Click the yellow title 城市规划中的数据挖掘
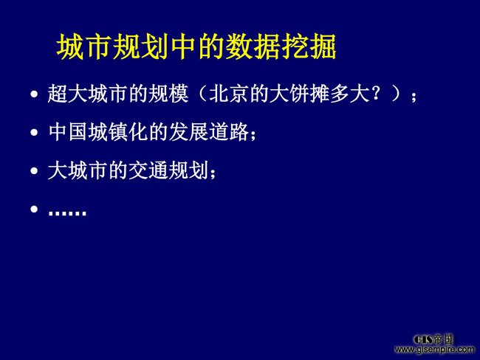[x=196, y=46]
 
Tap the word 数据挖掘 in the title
[x=281, y=46]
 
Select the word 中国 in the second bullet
[x=68, y=132]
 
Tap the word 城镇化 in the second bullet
[x=118, y=132]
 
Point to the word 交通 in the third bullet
[x=148, y=170]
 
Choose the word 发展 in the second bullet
[x=188, y=132]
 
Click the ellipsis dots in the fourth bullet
[x=67, y=212]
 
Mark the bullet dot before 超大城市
[x=34, y=94]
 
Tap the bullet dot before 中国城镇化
[x=34, y=133]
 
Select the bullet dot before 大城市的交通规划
[x=34, y=171]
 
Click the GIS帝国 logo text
[x=433, y=339]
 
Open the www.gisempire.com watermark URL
[x=434, y=349]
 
